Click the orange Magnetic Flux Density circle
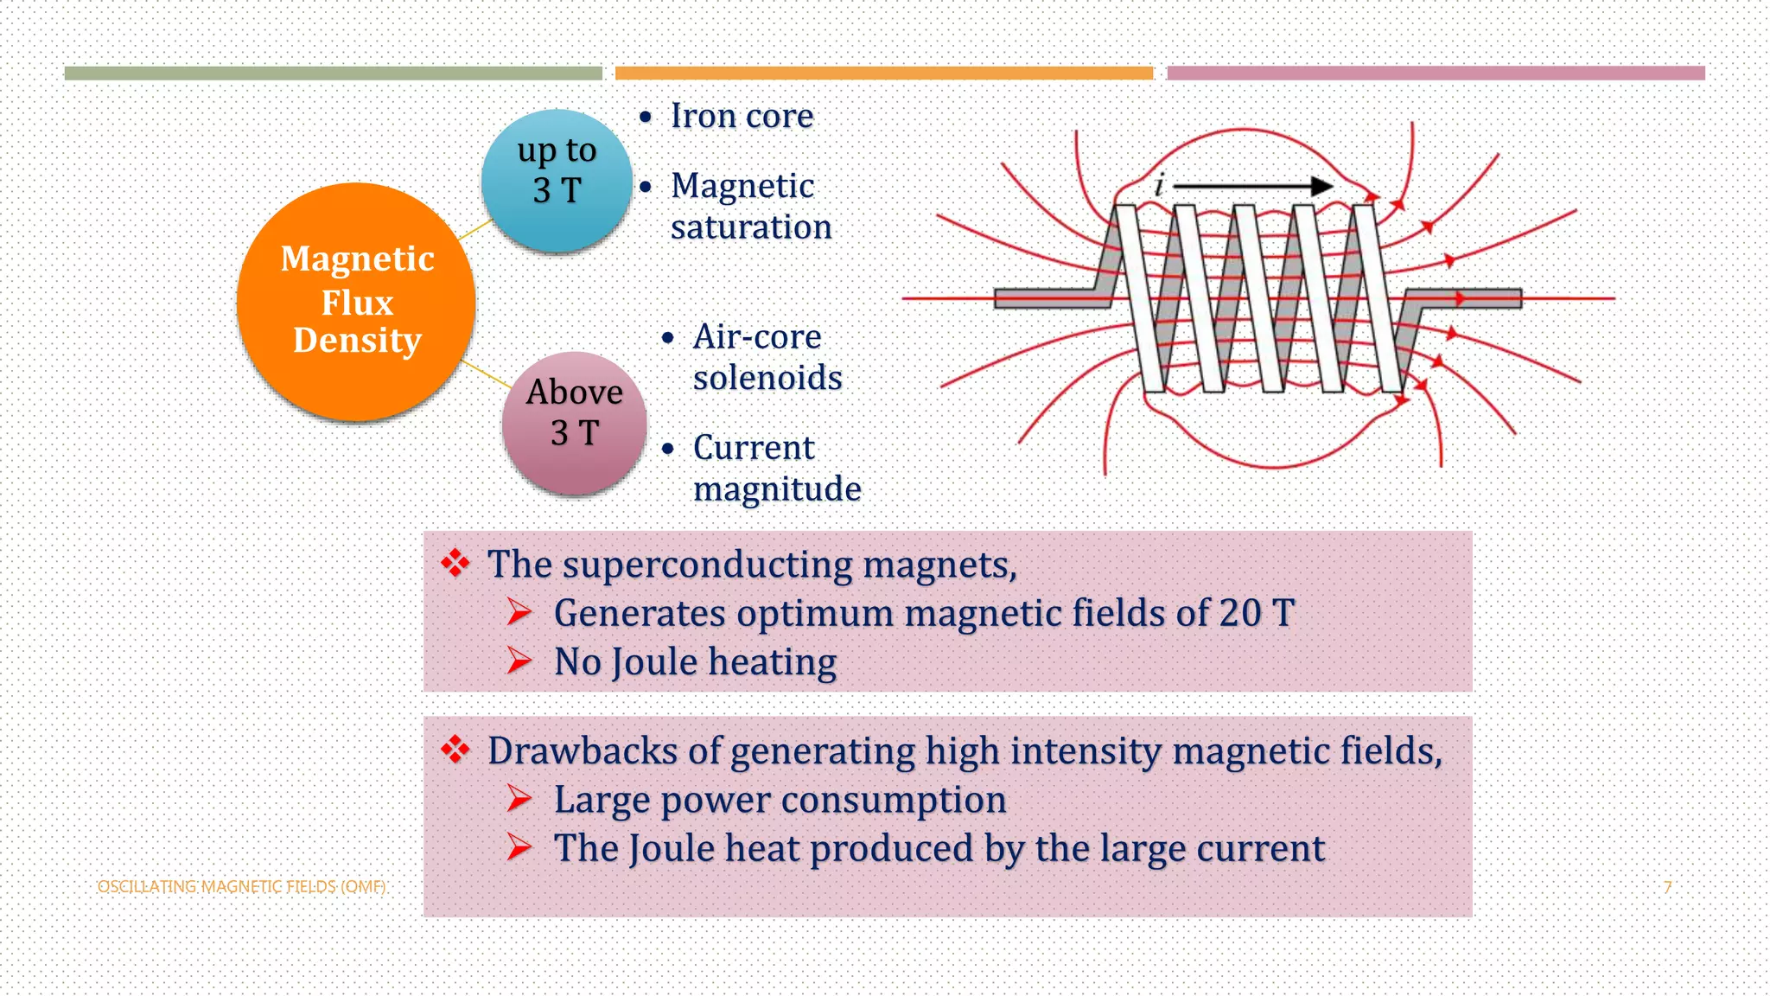pos(356,302)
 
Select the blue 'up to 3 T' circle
pos(557,180)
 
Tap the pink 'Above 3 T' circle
pos(575,423)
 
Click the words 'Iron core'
pos(742,116)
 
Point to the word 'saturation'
pos(751,227)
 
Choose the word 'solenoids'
pos(767,378)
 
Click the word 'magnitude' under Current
pos(777,489)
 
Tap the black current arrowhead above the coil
pos(1321,186)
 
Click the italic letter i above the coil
pos(1158,184)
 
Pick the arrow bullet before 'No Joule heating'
pos(519,661)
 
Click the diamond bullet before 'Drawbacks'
pos(455,749)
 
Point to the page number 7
pos(1667,887)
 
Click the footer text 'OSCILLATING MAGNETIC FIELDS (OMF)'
pos(241,887)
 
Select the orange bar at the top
pos(883,73)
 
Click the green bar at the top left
pos(333,73)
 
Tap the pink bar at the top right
pos(1436,73)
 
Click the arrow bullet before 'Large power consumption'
pos(519,798)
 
